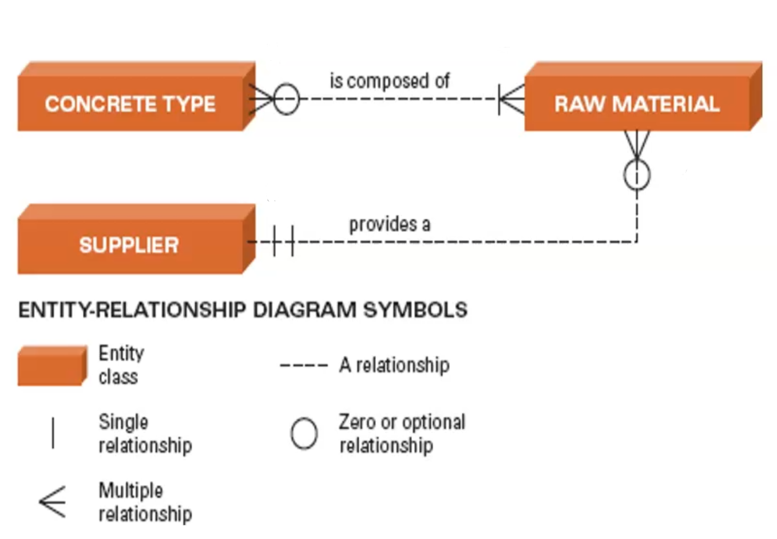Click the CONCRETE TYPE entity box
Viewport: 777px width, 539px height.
(x=130, y=103)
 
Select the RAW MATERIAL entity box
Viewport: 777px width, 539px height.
(x=636, y=103)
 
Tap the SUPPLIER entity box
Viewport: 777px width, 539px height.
(x=129, y=245)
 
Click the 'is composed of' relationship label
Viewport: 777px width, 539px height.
(x=390, y=81)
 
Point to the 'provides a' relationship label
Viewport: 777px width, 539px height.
(x=390, y=224)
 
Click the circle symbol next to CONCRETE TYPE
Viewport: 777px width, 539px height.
(x=286, y=100)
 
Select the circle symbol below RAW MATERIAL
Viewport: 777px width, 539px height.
(x=637, y=175)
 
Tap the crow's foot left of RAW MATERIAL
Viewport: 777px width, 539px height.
(x=511, y=100)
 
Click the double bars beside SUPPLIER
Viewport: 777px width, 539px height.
(x=284, y=241)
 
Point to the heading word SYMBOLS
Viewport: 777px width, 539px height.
(x=415, y=310)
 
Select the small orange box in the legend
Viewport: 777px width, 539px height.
(x=52, y=366)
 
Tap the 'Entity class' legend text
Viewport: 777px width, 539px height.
(x=121, y=364)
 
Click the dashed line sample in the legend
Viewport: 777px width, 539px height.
(x=304, y=366)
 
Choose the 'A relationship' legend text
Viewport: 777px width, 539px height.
(x=394, y=365)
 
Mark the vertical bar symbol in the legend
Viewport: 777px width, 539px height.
(x=53, y=433)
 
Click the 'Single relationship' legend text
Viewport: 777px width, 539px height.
(x=145, y=434)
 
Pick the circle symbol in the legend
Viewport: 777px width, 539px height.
(x=304, y=433)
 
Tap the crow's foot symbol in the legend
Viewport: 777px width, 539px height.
(x=53, y=502)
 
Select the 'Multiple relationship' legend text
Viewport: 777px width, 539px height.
(x=145, y=502)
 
